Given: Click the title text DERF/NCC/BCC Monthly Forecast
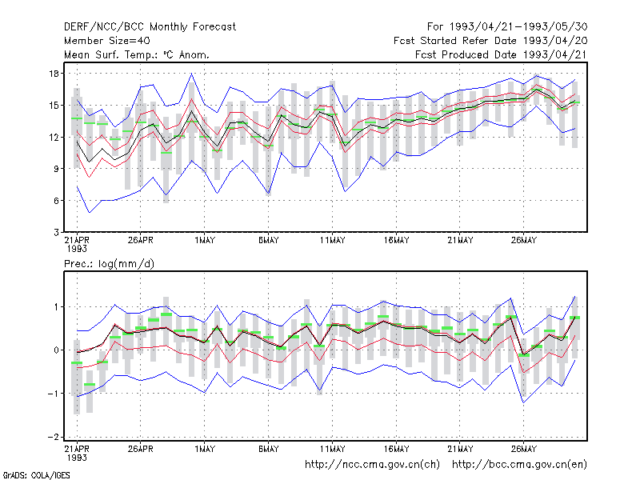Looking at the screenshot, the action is (150, 27).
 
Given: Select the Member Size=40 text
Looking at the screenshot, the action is (107, 41).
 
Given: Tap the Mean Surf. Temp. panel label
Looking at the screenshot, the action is (137, 54).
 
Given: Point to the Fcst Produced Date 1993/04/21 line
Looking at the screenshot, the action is (501, 54).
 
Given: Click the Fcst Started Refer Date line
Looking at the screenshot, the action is (490, 41).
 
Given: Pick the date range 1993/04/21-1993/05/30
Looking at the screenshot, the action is (518, 27).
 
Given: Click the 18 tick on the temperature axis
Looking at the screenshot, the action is (54, 74).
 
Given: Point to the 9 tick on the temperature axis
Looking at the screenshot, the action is (56, 169).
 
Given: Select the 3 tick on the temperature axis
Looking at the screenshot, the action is (56, 232).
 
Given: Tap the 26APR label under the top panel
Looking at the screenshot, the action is (141, 240).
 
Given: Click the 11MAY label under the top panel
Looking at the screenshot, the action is (332, 240).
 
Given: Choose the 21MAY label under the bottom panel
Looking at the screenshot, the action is (460, 449).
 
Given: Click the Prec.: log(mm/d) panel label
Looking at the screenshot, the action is (109, 264).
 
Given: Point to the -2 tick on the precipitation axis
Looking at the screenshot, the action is (54, 437).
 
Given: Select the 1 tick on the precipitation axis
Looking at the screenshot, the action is (56, 307).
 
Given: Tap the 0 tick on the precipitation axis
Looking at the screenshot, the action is (56, 350).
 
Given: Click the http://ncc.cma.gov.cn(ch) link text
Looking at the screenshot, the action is (372, 465).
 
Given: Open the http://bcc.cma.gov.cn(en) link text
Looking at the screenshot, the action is (519, 465).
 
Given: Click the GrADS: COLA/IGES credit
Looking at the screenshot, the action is (36, 475).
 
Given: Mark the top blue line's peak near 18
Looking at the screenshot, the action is (191, 74).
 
